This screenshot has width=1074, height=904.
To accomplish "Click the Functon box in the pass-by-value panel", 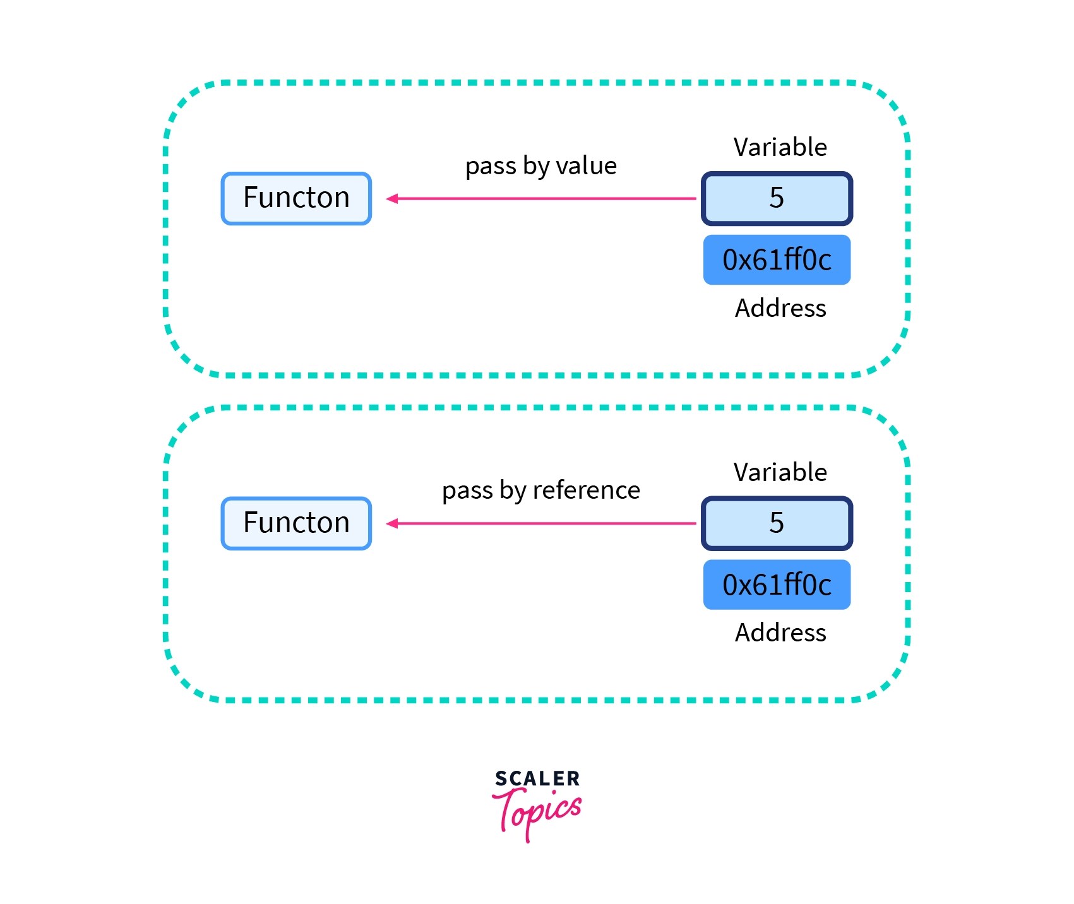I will click(x=296, y=198).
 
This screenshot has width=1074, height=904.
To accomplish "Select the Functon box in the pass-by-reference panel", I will click(x=296, y=523).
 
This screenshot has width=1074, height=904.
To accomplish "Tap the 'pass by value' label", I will click(x=540, y=166).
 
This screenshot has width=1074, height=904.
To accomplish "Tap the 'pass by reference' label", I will click(x=540, y=491).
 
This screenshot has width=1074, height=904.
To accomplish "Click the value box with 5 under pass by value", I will click(x=777, y=198).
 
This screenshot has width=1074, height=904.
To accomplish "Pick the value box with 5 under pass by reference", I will click(x=777, y=523).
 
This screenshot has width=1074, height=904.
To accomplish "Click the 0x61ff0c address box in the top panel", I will click(x=777, y=260).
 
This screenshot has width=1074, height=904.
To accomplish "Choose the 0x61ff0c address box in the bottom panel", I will click(x=777, y=585).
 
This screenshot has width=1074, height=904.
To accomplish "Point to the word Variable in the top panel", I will click(x=780, y=147).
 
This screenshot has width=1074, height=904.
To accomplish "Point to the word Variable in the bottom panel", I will click(x=780, y=472).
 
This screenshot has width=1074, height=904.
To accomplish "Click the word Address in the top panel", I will click(x=780, y=308).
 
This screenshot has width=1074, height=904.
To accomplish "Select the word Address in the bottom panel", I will click(x=780, y=633).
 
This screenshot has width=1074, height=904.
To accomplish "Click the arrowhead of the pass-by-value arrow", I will click(x=391, y=199).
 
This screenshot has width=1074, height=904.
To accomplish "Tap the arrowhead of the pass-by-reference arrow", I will click(x=391, y=523).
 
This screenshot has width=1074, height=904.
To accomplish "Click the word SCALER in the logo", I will click(x=537, y=778).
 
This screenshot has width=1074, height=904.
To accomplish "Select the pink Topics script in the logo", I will click(x=537, y=811).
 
